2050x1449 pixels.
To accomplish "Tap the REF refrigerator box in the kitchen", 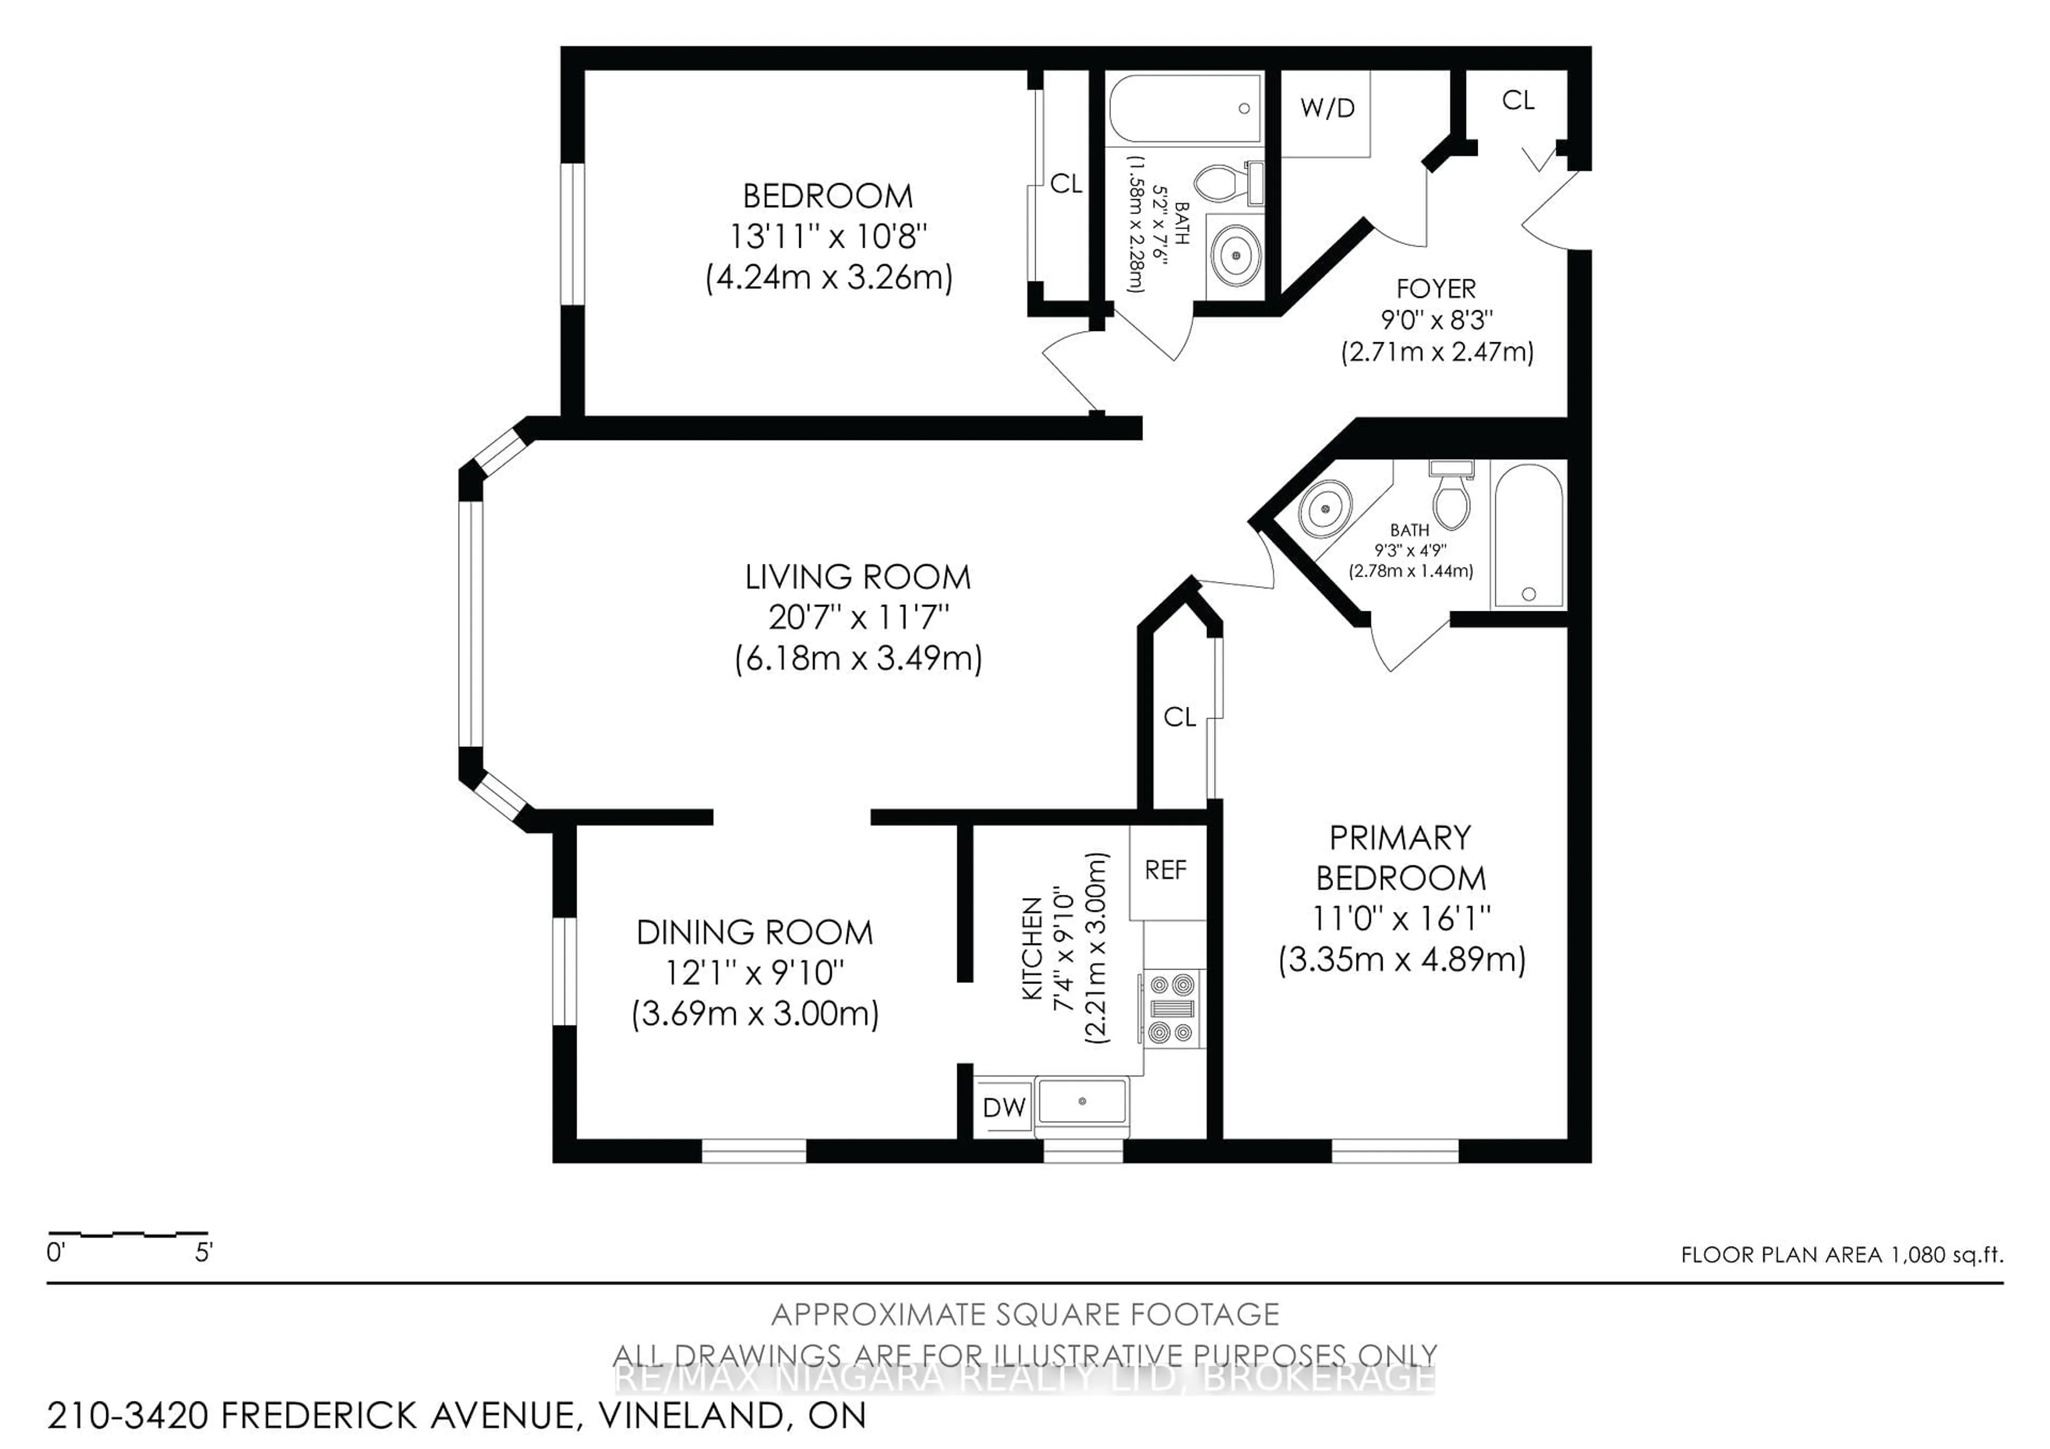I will point(1165,870).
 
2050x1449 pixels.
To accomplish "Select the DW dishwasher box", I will point(1004,1108).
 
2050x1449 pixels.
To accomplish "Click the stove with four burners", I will point(1171,1009).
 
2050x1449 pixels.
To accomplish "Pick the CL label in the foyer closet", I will point(1518,101).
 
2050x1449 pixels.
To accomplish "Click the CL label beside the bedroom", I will point(1065,184).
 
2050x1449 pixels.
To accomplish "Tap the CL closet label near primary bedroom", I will point(1179,717).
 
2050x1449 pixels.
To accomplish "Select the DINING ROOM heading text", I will point(754,933).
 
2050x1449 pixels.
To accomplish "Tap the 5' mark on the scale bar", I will point(203,1253).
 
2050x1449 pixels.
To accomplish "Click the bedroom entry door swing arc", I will point(1062,366).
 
